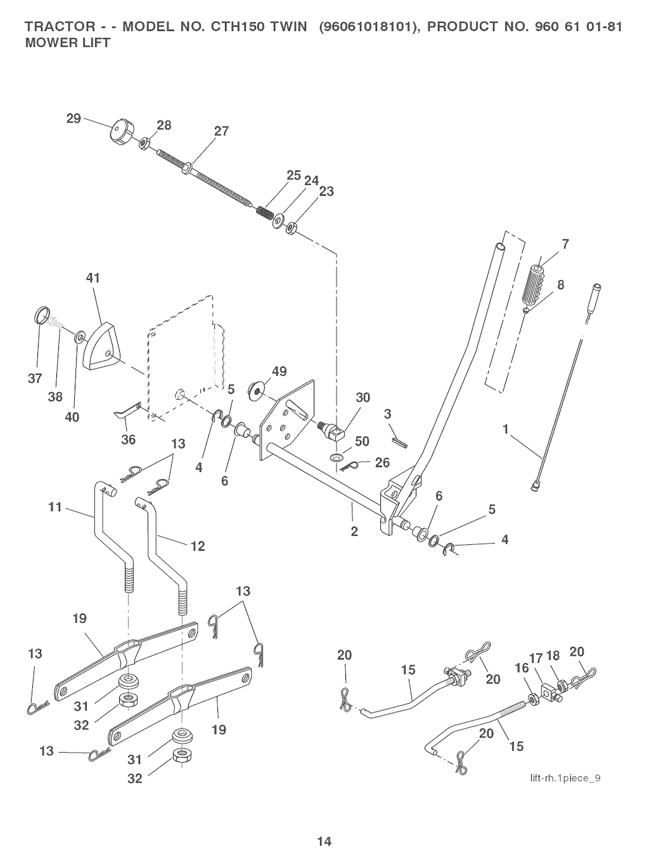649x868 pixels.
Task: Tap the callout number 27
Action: coord(221,132)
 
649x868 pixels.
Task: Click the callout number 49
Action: coord(279,372)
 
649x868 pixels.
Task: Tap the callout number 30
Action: coord(363,397)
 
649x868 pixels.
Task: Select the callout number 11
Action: coord(55,507)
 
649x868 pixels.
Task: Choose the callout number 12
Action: coord(198,546)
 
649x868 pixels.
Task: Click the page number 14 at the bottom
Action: coord(324,842)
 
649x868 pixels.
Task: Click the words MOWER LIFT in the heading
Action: coord(67,43)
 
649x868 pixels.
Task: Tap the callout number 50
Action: coord(362,441)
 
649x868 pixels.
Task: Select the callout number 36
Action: coord(129,439)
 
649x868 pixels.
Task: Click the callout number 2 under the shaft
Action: coord(354,532)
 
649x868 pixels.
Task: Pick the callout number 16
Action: coord(522,668)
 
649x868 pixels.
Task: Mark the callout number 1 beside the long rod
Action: coord(506,430)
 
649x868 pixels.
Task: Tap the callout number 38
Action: coord(55,397)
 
